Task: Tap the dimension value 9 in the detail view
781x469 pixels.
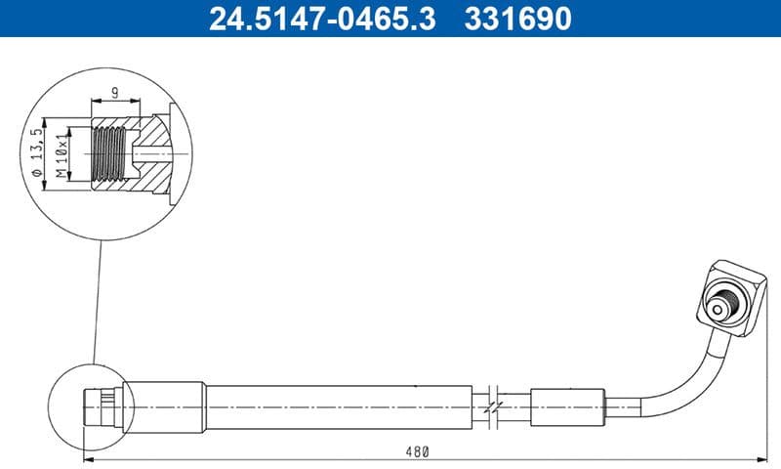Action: point(116,94)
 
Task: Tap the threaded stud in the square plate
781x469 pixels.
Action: point(722,306)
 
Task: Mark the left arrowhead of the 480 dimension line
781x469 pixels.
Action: point(88,458)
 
